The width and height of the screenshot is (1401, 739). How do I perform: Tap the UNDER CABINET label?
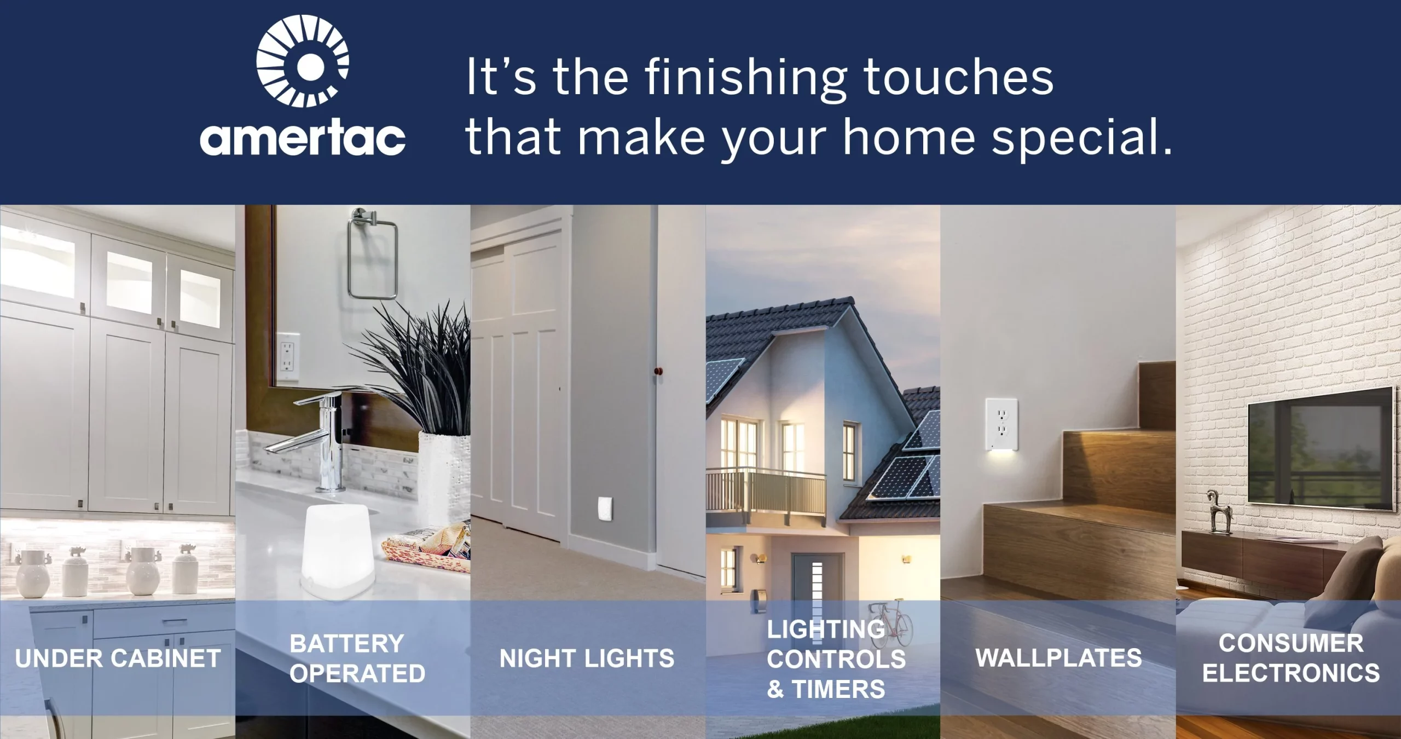pos(118,658)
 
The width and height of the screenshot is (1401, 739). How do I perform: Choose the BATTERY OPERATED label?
pos(357,658)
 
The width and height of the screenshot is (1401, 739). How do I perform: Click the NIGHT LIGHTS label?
pos(587,658)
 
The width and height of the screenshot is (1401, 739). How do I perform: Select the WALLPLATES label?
pos(1058,657)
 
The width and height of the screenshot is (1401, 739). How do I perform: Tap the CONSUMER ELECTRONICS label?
pos(1291,658)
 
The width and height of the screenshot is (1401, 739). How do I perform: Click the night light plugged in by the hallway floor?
pos(605,510)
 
